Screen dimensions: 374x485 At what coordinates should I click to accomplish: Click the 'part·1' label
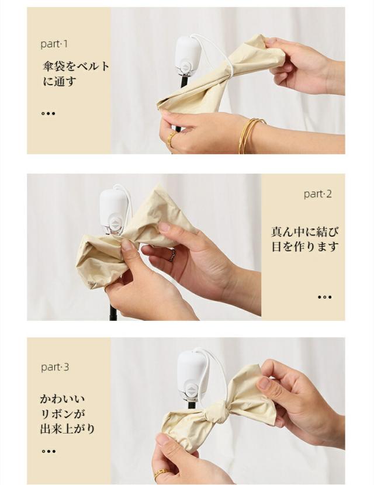click(x=54, y=44)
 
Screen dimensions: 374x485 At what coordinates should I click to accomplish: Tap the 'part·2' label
click(x=317, y=194)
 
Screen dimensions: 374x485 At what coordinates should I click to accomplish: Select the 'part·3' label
click(x=55, y=367)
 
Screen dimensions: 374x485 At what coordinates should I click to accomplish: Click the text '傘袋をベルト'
click(x=76, y=66)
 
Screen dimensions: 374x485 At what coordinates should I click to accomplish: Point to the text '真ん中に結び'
click(x=305, y=231)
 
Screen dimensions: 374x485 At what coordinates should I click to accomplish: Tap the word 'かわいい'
click(x=63, y=399)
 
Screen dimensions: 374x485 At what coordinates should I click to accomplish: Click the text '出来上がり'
click(x=67, y=429)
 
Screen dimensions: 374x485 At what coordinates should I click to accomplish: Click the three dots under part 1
click(x=49, y=113)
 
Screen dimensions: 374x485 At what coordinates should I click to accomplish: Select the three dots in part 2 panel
click(x=325, y=297)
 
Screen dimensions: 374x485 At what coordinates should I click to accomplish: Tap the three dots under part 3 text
click(x=49, y=451)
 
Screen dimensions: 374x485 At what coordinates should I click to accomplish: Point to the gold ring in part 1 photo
click(x=171, y=138)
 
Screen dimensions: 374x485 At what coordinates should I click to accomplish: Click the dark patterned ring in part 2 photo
click(x=172, y=256)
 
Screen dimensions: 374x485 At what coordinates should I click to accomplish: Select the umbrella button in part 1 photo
click(x=186, y=67)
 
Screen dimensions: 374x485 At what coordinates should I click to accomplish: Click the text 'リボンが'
click(x=63, y=414)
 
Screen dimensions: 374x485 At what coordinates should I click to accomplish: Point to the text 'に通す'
click(x=60, y=82)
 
